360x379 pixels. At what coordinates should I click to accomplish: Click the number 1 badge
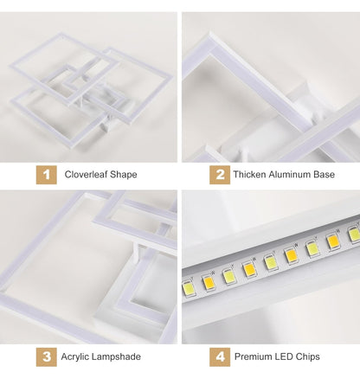(x=47, y=175)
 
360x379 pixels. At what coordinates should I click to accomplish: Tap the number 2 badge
(x=220, y=175)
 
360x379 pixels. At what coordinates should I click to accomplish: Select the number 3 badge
(x=47, y=357)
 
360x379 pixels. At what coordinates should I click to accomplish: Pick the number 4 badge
(x=220, y=357)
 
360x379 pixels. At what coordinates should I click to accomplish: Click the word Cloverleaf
(x=86, y=174)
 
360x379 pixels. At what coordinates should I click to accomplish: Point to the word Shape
(x=123, y=175)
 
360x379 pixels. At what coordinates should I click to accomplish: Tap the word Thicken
(x=249, y=174)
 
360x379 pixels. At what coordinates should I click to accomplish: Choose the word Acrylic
(x=75, y=357)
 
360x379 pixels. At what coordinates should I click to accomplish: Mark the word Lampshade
(x=116, y=357)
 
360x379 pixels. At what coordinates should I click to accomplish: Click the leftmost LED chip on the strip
(x=189, y=288)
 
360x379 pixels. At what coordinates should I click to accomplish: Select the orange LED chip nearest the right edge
(x=333, y=241)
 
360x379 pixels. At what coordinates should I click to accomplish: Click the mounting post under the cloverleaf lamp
(x=105, y=127)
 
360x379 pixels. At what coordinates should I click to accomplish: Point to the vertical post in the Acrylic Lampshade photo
(x=138, y=254)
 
